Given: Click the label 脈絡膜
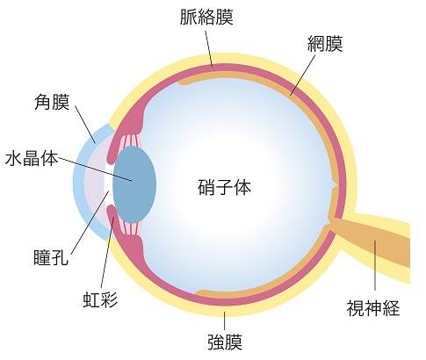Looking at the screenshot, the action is (x=206, y=17).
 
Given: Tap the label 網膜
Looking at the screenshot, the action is (x=325, y=44).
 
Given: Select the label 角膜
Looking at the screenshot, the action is (x=52, y=102).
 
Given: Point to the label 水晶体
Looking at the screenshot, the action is (x=32, y=158).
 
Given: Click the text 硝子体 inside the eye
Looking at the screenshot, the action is (x=225, y=187).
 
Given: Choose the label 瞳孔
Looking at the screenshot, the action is (x=51, y=256).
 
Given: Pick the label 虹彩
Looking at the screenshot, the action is (x=100, y=299).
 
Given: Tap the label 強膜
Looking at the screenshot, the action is (x=225, y=342).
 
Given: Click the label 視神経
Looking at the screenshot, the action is (x=373, y=308).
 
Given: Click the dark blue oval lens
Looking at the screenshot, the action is (x=134, y=184).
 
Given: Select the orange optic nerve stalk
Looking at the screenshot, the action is (x=372, y=241).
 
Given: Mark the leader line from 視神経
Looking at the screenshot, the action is (x=375, y=265).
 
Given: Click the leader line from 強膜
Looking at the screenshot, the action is (x=225, y=320).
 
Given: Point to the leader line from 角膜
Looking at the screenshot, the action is (x=85, y=124).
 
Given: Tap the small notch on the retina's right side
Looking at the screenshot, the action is (x=334, y=184).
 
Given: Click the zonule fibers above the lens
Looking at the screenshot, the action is (x=130, y=140).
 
